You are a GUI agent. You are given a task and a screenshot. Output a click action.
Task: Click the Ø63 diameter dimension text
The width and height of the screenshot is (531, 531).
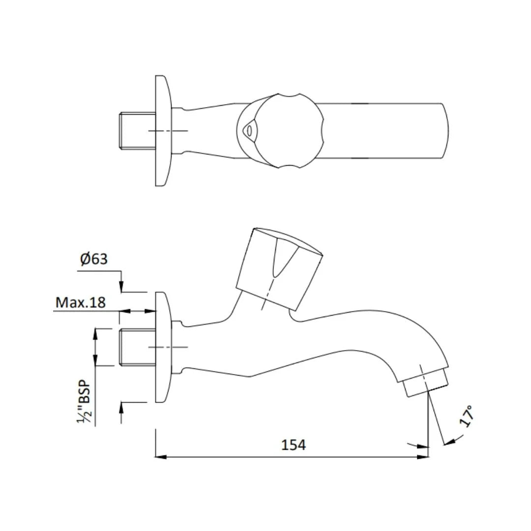point(94,259)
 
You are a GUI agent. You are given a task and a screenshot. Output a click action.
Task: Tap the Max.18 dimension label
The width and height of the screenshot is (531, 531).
point(80,302)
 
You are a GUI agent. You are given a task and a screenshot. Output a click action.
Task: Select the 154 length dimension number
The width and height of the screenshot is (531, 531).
point(294,445)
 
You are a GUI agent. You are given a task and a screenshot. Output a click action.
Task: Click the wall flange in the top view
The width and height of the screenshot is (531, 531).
point(163,130)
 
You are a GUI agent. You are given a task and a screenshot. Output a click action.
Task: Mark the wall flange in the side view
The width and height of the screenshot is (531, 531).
point(163,347)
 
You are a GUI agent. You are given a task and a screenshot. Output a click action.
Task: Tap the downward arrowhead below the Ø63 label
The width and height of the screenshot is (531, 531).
point(121,287)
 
